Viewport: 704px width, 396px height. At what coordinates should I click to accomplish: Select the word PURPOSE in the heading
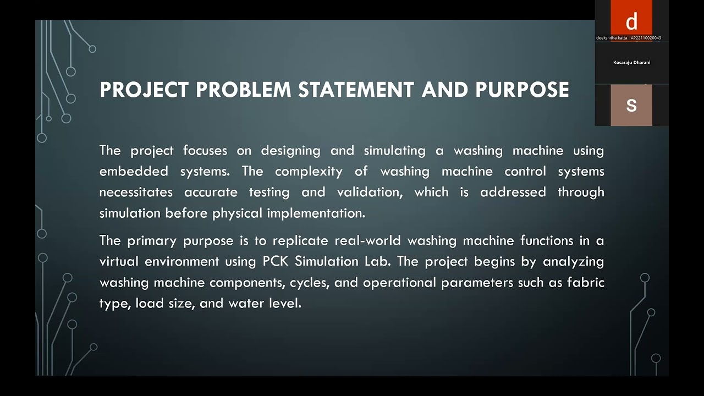click(x=522, y=90)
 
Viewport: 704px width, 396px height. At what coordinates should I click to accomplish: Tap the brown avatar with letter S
click(x=631, y=105)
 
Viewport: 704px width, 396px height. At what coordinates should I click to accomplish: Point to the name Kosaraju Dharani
click(x=631, y=63)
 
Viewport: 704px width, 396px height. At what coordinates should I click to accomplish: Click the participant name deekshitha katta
click(x=611, y=38)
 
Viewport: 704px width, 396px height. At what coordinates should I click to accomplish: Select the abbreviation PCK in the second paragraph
click(x=276, y=261)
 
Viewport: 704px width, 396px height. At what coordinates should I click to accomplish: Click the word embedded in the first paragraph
click(x=134, y=172)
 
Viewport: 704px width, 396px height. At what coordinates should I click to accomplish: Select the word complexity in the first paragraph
click(x=309, y=172)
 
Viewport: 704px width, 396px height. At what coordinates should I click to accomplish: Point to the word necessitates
click(x=136, y=193)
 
